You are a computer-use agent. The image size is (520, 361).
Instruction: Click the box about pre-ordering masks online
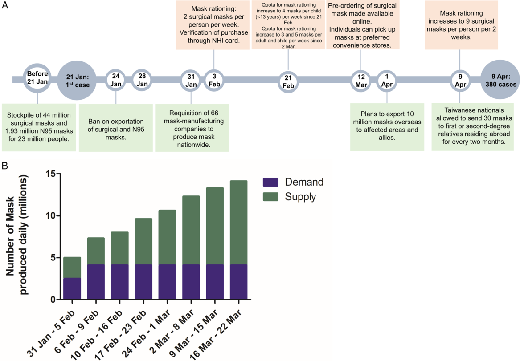click(363, 25)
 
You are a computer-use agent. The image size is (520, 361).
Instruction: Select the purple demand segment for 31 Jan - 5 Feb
click(72, 288)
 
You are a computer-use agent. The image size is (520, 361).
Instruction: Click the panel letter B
click(5, 166)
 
